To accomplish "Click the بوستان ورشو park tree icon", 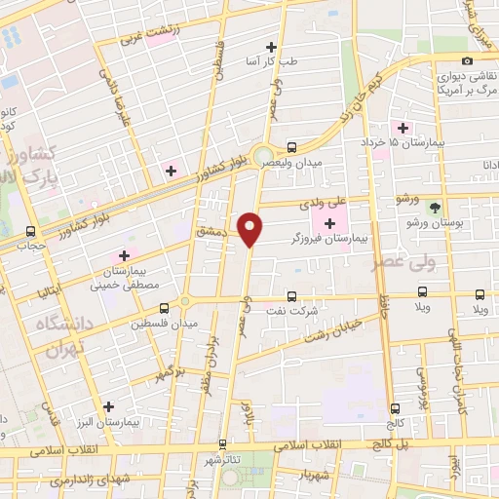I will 435,207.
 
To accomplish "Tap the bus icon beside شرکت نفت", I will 290,296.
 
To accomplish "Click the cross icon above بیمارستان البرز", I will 108,406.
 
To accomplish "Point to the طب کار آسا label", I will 270,62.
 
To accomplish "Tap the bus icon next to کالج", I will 394,409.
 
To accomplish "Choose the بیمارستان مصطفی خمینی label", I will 119,279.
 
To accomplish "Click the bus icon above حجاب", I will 32,232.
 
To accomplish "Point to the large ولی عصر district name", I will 401,261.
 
